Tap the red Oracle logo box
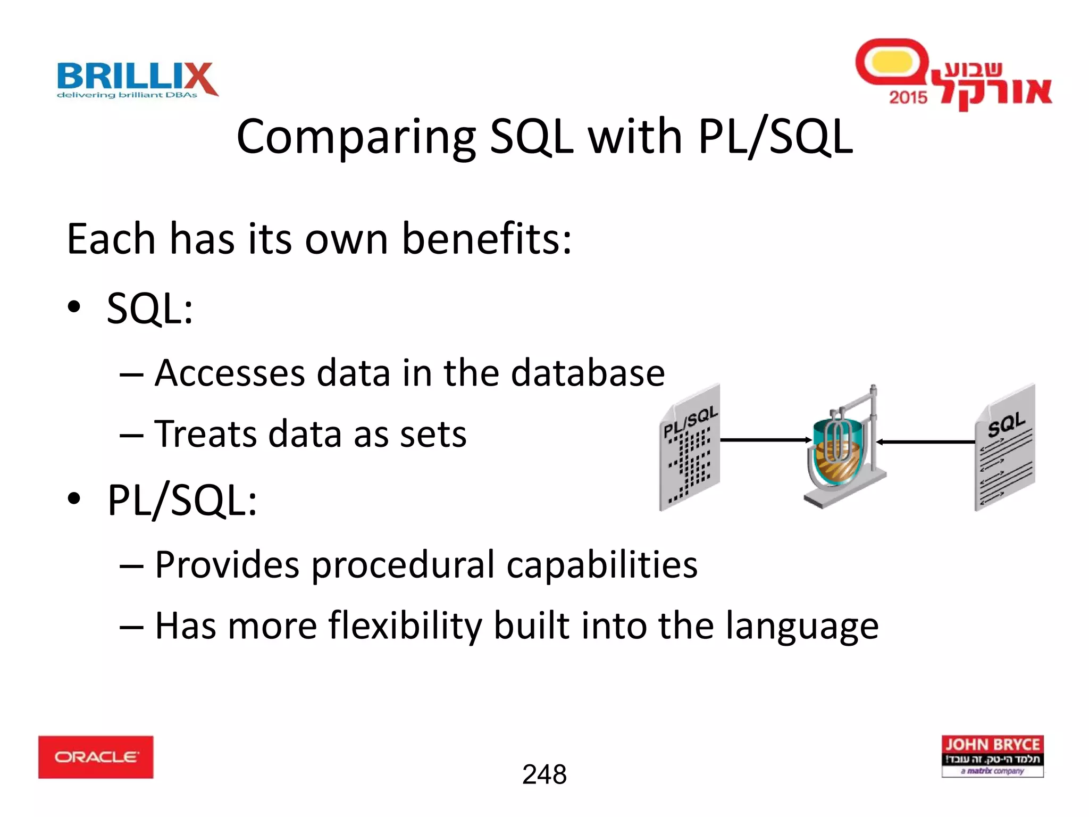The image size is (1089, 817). click(x=96, y=757)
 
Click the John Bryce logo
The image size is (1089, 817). click(x=992, y=756)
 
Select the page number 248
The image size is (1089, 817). click(x=544, y=774)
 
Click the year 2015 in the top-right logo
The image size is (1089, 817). click(x=908, y=97)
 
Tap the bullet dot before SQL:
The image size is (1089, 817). click(x=74, y=307)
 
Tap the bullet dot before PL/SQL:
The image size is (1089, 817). click(x=74, y=499)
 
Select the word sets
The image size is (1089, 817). click(x=433, y=434)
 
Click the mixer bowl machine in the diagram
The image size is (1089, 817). click(x=843, y=449)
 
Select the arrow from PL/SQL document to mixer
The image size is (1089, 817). click(x=765, y=440)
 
